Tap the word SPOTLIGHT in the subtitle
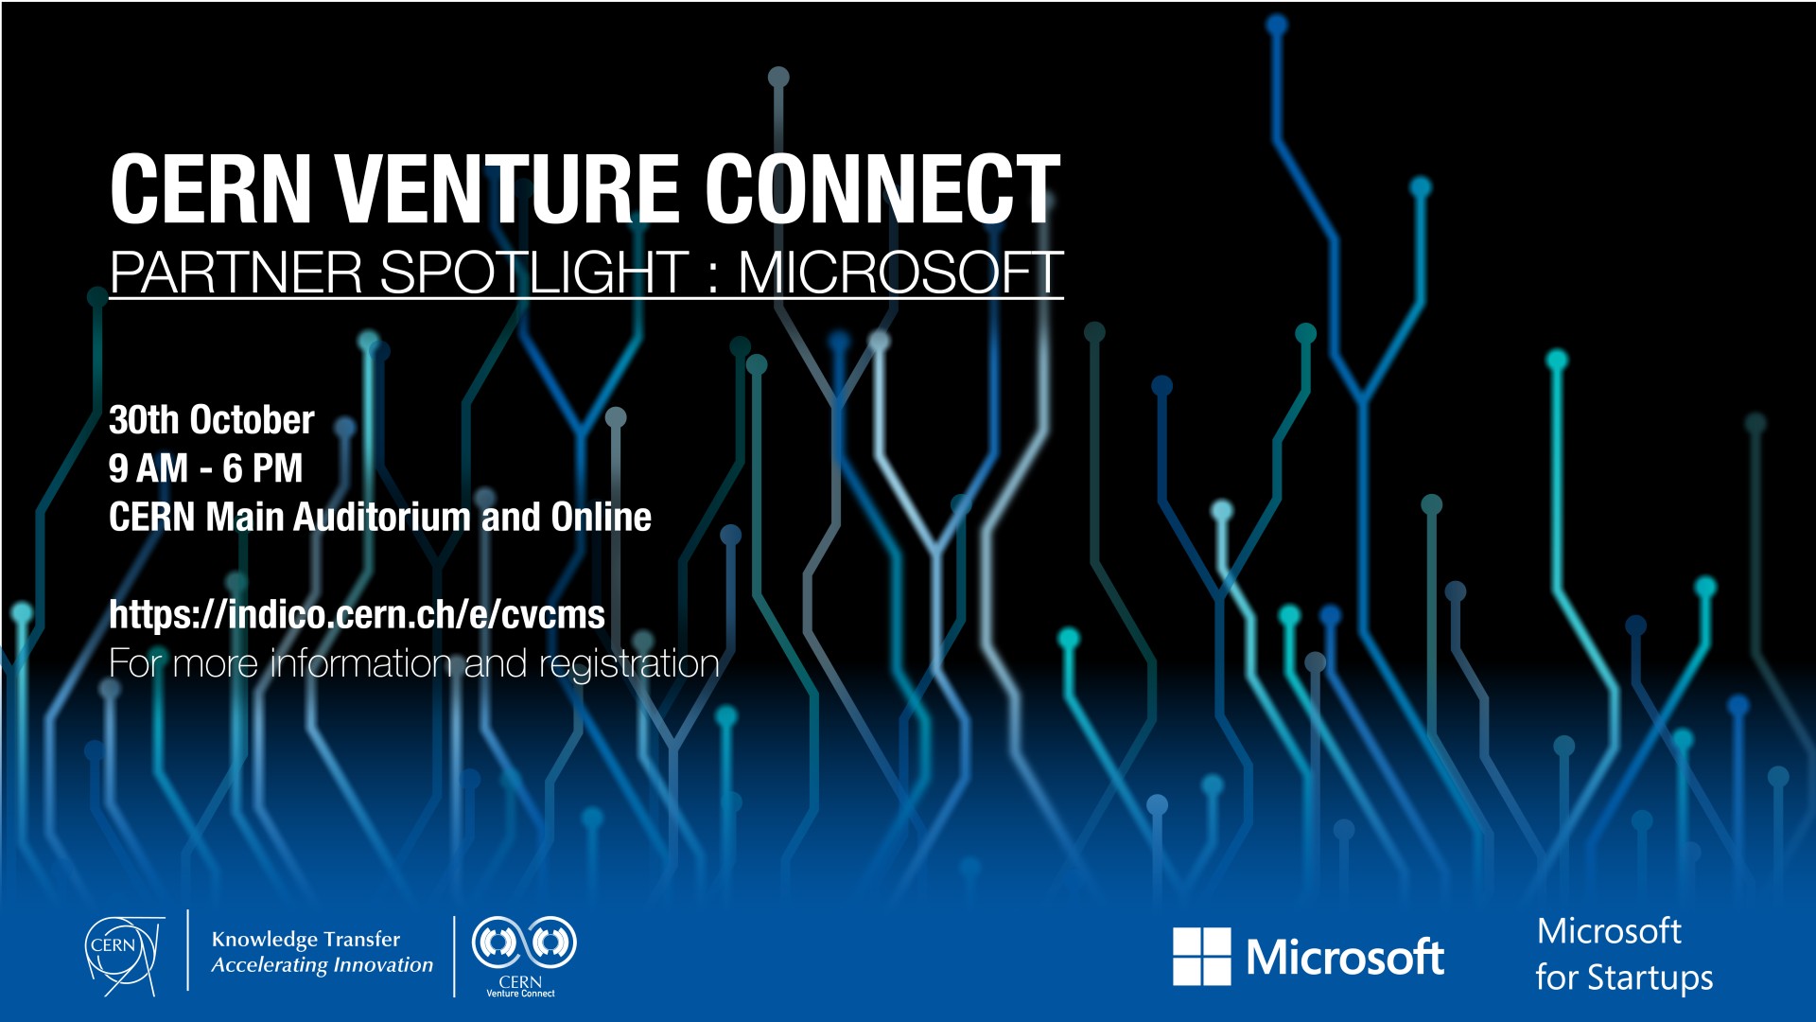(x=534, y=273)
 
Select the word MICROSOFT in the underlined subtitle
(x=899, y=273)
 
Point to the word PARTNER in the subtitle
(x=236, y=273)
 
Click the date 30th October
(x=211, y=420)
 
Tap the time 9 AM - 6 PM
(x=205, y=468)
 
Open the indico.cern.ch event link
(x=357, y=615)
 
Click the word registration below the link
(x=629, y=664)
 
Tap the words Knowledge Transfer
(x=306, y=939)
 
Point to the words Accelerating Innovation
(x=322, y=965)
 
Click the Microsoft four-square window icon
(x=1201, y=956)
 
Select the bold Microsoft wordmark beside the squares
(x=1345, y=958)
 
